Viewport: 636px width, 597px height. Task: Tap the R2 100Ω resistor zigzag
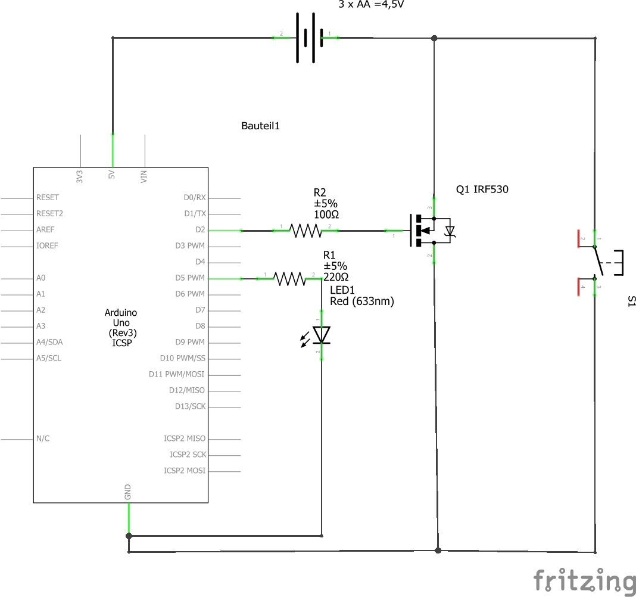pyautogui.click(x=305, y=230)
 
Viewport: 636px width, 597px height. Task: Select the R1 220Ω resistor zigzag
pyautogui.click(x=289, y=278)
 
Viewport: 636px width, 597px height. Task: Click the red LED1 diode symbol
pyautogui.click(x=322, y=335)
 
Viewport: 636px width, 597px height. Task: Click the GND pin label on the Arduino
pyautogui.click(x=127, y=492)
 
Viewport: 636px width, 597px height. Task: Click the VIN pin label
pyautogui.click(x=144, y=176)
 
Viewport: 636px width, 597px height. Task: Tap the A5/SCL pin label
pyautogui.click(x=49, y=358)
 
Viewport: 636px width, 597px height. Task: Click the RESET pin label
pyautogui.click(x=48, y=197)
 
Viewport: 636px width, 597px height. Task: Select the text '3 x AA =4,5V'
pyautogui.click(x=374, y=4)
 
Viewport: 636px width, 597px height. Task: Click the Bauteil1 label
pyautogui.click(x=260, y=126)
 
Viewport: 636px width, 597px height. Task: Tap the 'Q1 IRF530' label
pyautogui.click(x=482, y=189)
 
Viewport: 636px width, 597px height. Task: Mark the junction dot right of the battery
pyautogui.click(x=434, y=38)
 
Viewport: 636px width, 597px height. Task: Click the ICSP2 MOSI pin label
pyautogui.click(x=185, y=471)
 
